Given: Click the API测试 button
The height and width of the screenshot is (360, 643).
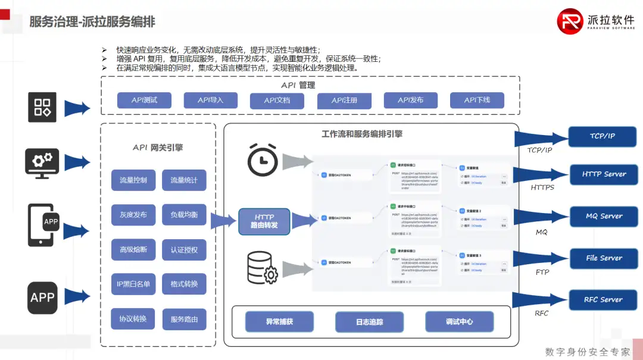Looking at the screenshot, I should tap(144, 100).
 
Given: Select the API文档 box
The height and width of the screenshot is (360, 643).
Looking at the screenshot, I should tap(277, 101).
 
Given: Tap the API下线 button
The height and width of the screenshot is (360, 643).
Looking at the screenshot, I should tap(476, 100).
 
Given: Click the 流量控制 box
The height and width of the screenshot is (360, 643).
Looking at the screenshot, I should tap(133, 180).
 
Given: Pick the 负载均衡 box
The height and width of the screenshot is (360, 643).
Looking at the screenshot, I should tap(184, 214).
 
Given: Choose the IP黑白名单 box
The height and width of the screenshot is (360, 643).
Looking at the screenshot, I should tap(133, 284).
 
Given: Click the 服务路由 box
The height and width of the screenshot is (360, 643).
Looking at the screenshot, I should tap(184, 319).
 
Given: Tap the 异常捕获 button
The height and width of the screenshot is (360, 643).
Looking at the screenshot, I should tap(279, 322).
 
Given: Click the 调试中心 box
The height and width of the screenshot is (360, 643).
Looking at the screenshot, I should tap(459, 322).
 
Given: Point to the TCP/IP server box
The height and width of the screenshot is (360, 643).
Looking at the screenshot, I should tap(603, 136).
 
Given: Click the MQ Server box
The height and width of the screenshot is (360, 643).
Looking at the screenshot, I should tap(603, 216).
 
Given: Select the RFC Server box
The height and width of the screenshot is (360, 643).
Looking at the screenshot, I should tap(603, 300).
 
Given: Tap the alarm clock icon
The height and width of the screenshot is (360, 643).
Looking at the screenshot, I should tap(263, 159).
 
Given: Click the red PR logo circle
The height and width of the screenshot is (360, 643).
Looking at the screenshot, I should tap(570, 21).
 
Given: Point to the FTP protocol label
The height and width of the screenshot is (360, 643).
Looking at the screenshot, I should tap(542, 272).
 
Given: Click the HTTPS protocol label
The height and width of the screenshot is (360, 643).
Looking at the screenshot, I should tap(542, 187).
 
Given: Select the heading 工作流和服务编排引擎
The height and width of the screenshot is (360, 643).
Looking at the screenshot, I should tap(362, 134).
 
